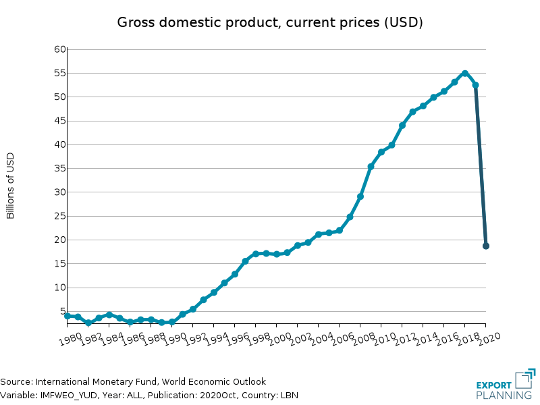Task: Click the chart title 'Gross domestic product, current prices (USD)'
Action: coord(270,22)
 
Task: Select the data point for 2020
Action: coord(486,246)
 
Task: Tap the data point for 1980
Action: coord(67,316)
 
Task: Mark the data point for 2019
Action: coord(476,85)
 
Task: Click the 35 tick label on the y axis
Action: coord(59,168)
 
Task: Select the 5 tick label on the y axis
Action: coord(62,311)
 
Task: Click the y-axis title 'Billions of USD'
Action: coord(11,186)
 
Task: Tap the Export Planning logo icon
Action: coord(525,379)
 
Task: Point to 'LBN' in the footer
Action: coord(289,396)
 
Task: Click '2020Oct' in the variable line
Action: coord(207,396)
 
